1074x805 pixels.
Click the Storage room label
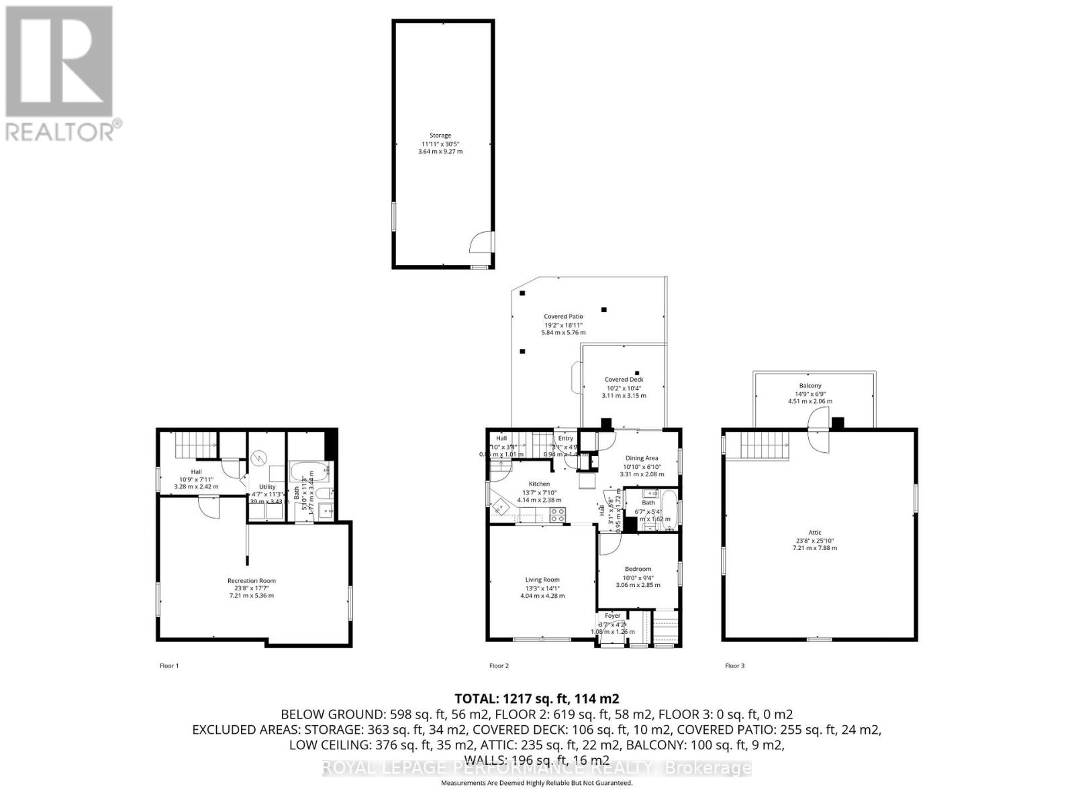(440, 136)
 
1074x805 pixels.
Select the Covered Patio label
(563, 317)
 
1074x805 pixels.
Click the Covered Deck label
(624, 380)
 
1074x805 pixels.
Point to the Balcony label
(810, 386)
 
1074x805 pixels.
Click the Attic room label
(815, 533)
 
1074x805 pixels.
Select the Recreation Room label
(252, 581)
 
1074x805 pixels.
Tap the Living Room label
(542, 580)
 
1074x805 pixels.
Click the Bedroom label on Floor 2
(638, 570)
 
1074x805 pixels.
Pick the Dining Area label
(642, 458)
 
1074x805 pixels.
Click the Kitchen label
(539, 484)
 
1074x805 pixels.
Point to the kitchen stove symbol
(558, 515)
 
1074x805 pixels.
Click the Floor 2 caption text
(499, 666)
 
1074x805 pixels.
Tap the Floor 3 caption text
(734, 666)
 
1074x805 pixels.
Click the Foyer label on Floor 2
(613, 616)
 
